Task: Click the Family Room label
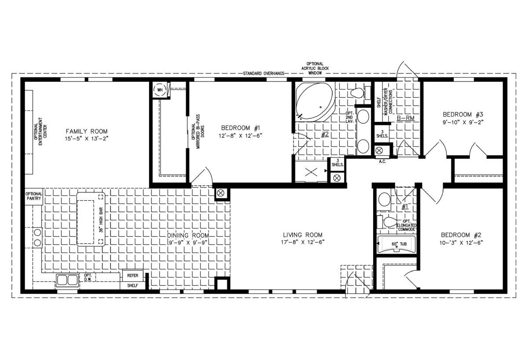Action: coord(87,131)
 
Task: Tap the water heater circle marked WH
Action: coord(160,90)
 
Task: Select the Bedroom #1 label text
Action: coord(240,128)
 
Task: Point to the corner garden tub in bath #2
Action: coord(315,102)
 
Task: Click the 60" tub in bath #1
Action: coord(397,244)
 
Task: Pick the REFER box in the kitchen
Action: coord(133,275)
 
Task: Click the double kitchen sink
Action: coord(67,280)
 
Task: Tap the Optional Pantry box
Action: coord(34,196)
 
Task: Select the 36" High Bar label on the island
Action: coord(101,220)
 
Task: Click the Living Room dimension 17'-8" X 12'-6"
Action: coord(303,242)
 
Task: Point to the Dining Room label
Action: coord(188,235)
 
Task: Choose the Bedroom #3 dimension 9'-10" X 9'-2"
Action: coord(463,122)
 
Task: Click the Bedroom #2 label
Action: coord(461,235)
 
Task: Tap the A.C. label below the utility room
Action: coord(382,162)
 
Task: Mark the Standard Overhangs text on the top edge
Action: coord(264,73)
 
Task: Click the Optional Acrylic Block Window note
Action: coord(315,68)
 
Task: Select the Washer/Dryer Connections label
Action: coord(388,102)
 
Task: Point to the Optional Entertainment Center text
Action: coord(40,131)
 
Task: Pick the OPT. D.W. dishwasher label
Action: coord(88,277)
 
